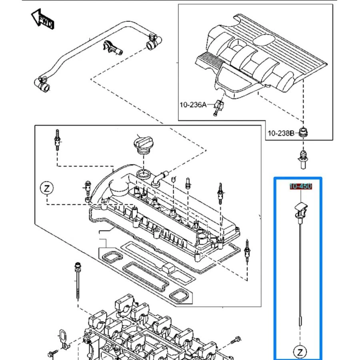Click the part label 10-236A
pyautogui.click(x=192, y=105)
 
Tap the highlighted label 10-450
pyautogui.click(x=300, y=186)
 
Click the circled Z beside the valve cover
pyautogui.click(x=46, y=188)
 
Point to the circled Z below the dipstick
pyautogui.click(x=300, y=352)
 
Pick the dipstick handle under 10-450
pyautogui.click(x=300, y=210)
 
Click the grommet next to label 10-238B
pyautogui.click(x=304, y=132)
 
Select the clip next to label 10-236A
pyautogui.click(x=218, y=105)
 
